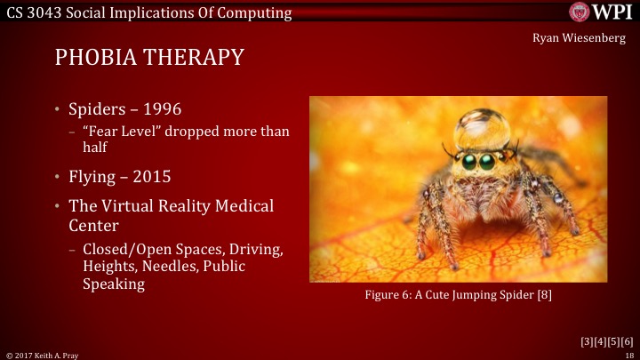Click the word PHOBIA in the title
pyautogui.click(x=98, y=59)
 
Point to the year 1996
pyautogui.click(x=165, y=109)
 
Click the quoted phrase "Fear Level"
pyautogui.click(x=119, y=132)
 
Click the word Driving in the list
pyautogui.click(x=259, y=250)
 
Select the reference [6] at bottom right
pyautogui.click(x=626, y=340)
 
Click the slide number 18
pyautogui.click(x=628, y=355)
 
